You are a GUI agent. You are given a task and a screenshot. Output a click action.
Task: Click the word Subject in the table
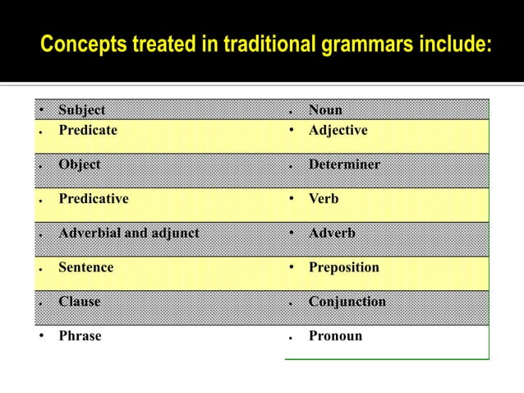(x=81, y=110)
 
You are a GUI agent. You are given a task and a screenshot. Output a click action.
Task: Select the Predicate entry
(x=87, y=130)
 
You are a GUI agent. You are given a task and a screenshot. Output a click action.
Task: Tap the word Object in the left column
(x=79, y=164)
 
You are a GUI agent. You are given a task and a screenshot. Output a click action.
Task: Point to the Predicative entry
(x=93, y=198)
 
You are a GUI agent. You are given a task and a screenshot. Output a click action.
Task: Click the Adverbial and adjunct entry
(x=128, y=233)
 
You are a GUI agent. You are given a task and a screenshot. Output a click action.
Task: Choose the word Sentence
(x=85, y=267)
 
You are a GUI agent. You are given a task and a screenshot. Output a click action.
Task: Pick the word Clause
(x=79, y=302)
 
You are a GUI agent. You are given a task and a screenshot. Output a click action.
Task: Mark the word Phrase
(x=80, y=336)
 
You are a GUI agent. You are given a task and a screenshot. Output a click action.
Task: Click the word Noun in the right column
(x=325, y=110)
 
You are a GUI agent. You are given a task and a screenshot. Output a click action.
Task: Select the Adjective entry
(x=338, y=130)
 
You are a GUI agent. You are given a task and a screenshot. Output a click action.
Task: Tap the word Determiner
(x=344, y=164)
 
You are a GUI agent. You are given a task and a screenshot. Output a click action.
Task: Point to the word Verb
(x=323, y=198)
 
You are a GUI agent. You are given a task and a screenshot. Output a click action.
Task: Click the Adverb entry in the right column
(x=332, y=233)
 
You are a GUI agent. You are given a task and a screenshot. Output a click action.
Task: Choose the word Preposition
(x=343, y=267)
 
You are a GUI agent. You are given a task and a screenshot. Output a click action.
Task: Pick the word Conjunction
(x=347, y=302)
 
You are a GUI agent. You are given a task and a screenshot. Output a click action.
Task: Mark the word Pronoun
(x=335, y=336)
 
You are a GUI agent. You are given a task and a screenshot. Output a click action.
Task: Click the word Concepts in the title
(x=80, y=43)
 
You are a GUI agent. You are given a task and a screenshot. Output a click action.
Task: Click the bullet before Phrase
(x=41, y=336)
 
